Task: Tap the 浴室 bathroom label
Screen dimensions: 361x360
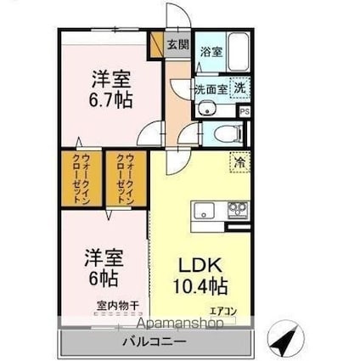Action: pos(211,52)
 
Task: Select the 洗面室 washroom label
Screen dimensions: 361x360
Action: pos(210,87)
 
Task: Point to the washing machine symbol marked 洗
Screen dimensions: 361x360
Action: pos(240,87)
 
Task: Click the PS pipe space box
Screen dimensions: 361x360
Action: pos(245,110)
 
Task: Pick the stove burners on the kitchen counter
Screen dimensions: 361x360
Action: pos(236,210)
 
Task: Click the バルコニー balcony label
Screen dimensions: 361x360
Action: pos(155,345)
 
